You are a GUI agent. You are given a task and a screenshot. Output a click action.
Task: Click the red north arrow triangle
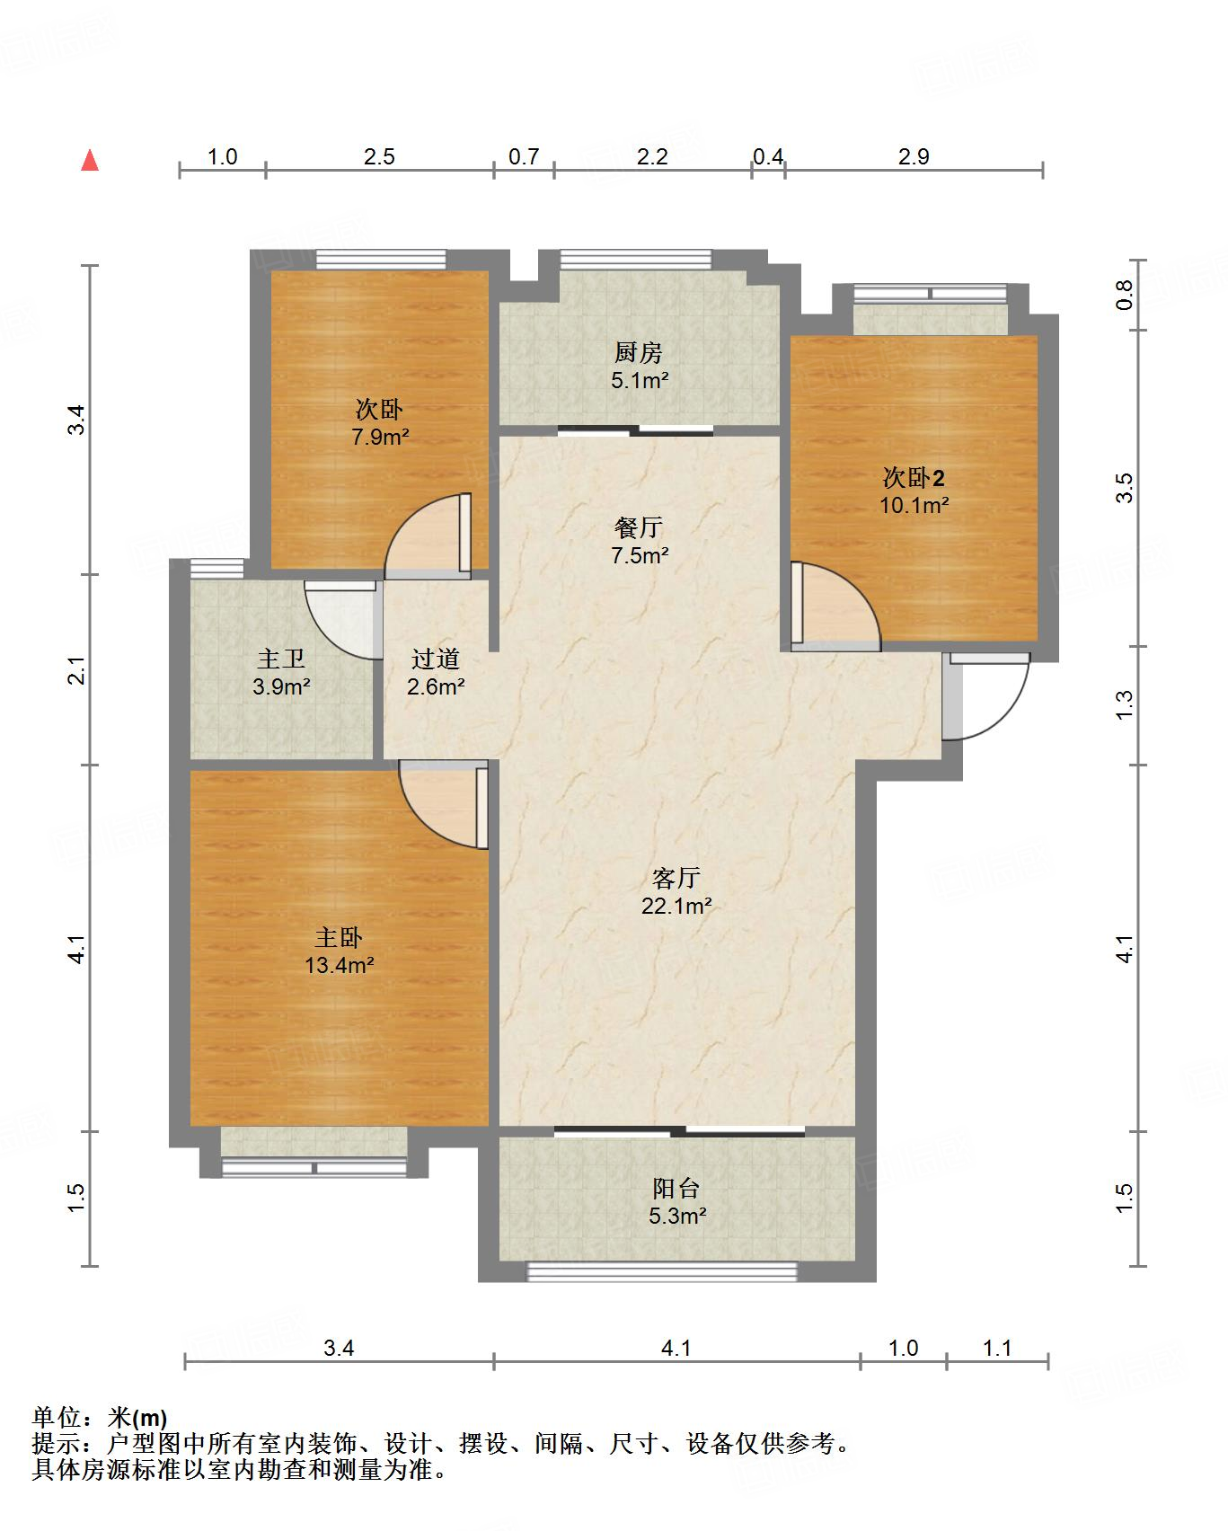pyautogui.click(x=90, y=160)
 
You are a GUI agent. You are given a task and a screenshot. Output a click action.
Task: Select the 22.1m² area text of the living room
pyautogui.click(x=676, y=906)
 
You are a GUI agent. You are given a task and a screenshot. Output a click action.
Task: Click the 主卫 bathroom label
pyautogui.click(x=281, y=659)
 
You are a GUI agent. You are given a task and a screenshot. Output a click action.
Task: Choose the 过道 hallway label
pyautogui.click(x=436, y=659)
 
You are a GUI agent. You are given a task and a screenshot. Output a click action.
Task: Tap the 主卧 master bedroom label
pyautogui.click(x=339, y=937)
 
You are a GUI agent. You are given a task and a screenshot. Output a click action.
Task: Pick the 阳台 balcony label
pyautogui.click(x=676, y=1188)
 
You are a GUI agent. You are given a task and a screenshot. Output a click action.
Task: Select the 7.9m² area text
pyautogui.click(x=380, y=438)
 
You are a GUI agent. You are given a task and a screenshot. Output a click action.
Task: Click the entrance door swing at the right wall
pyautogui.click(x=985, y=696)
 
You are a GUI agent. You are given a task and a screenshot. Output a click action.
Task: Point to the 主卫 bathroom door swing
pyautogui.click(x=340, y=621)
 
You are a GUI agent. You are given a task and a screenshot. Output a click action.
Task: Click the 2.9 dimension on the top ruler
pyautogui.click(x=914, y=156)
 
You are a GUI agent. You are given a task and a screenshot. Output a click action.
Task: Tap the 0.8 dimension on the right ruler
pyautogui.click(x=1125, y=295)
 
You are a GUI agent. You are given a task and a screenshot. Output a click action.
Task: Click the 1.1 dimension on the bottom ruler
pyautogui.click(x=997, y=1348)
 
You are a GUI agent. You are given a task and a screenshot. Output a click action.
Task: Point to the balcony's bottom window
pyautogui.click(x=662, y=1270)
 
